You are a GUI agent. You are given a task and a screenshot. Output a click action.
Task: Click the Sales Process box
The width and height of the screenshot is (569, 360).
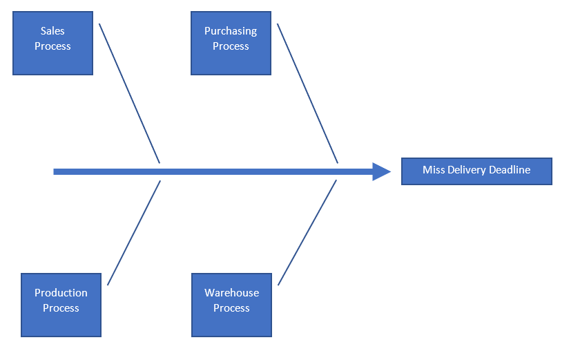52,43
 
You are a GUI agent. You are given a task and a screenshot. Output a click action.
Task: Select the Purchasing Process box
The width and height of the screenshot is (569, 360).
231,43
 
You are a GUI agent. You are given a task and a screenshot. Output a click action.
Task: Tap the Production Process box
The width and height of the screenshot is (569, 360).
61,305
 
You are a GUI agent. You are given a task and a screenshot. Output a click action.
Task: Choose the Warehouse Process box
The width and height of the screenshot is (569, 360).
231,305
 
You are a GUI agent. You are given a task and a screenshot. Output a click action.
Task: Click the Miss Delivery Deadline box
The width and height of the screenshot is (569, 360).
476,171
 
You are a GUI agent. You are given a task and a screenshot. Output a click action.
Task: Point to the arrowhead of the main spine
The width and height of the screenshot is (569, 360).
383,171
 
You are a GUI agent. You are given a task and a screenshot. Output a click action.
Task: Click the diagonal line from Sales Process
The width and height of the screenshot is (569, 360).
129,93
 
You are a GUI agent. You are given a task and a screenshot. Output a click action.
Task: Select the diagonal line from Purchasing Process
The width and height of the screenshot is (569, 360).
307,93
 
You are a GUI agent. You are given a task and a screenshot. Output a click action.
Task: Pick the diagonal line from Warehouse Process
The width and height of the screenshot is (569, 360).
307,232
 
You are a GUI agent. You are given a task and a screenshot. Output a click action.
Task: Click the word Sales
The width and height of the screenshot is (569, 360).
52,31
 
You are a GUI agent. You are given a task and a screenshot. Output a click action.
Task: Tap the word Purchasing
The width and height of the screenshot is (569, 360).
231,31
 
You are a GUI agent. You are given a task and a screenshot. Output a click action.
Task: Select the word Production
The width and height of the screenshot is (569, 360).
61,293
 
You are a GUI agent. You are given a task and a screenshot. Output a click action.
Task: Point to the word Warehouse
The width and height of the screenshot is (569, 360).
231,293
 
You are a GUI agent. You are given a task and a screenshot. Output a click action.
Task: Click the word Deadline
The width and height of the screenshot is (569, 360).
509,170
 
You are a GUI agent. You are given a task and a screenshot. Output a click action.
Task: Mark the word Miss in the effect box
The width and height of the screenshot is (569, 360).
433,170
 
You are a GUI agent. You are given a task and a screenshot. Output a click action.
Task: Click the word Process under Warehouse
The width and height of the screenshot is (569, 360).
231,308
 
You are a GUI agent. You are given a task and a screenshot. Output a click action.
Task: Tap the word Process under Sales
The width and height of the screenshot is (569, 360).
52,46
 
